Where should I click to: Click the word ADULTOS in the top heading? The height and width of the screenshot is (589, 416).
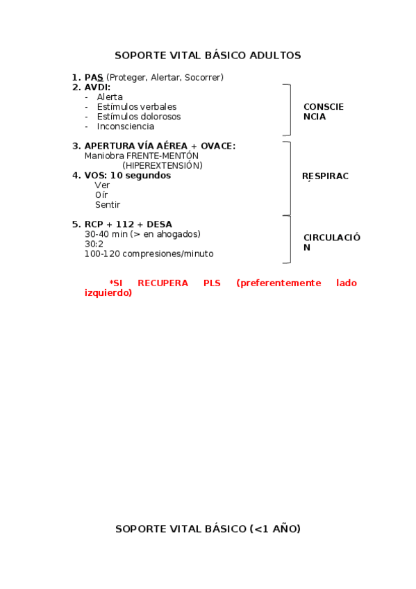275,56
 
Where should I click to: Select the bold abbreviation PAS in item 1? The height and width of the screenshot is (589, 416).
94,77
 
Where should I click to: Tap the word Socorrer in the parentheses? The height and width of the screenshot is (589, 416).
204,77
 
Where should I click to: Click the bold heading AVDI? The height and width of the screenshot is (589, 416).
97,87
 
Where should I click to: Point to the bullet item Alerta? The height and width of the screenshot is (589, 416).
110,97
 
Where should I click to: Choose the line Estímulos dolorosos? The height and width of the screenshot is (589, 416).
138,117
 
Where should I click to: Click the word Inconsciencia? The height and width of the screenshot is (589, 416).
126,126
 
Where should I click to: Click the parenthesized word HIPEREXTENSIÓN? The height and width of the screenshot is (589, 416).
163,165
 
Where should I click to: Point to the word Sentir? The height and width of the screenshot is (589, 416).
108,205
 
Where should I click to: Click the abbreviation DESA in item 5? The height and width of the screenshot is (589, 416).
159,224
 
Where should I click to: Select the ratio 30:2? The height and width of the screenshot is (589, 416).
94,244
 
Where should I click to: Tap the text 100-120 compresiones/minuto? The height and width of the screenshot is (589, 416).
149,254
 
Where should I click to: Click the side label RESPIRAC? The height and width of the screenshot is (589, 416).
325,176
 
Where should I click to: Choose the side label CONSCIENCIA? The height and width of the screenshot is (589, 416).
324,112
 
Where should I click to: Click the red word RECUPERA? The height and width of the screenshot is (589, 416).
163,283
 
